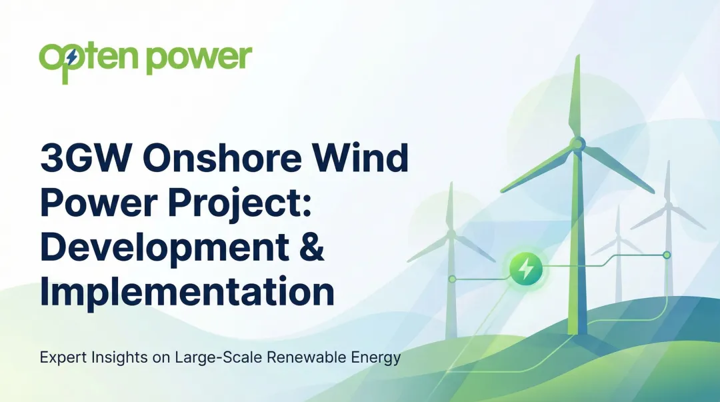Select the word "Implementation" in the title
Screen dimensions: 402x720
click(x=187, y=291)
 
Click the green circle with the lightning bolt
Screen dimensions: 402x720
click(x=526, y=269)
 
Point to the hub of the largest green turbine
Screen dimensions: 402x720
click(x=577, y=143)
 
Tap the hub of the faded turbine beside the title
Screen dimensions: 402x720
click(x=451, y=234)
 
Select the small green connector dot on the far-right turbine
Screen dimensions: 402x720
click(x=667, y=255)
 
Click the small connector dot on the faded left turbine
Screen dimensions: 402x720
click(x=452, y=279)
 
